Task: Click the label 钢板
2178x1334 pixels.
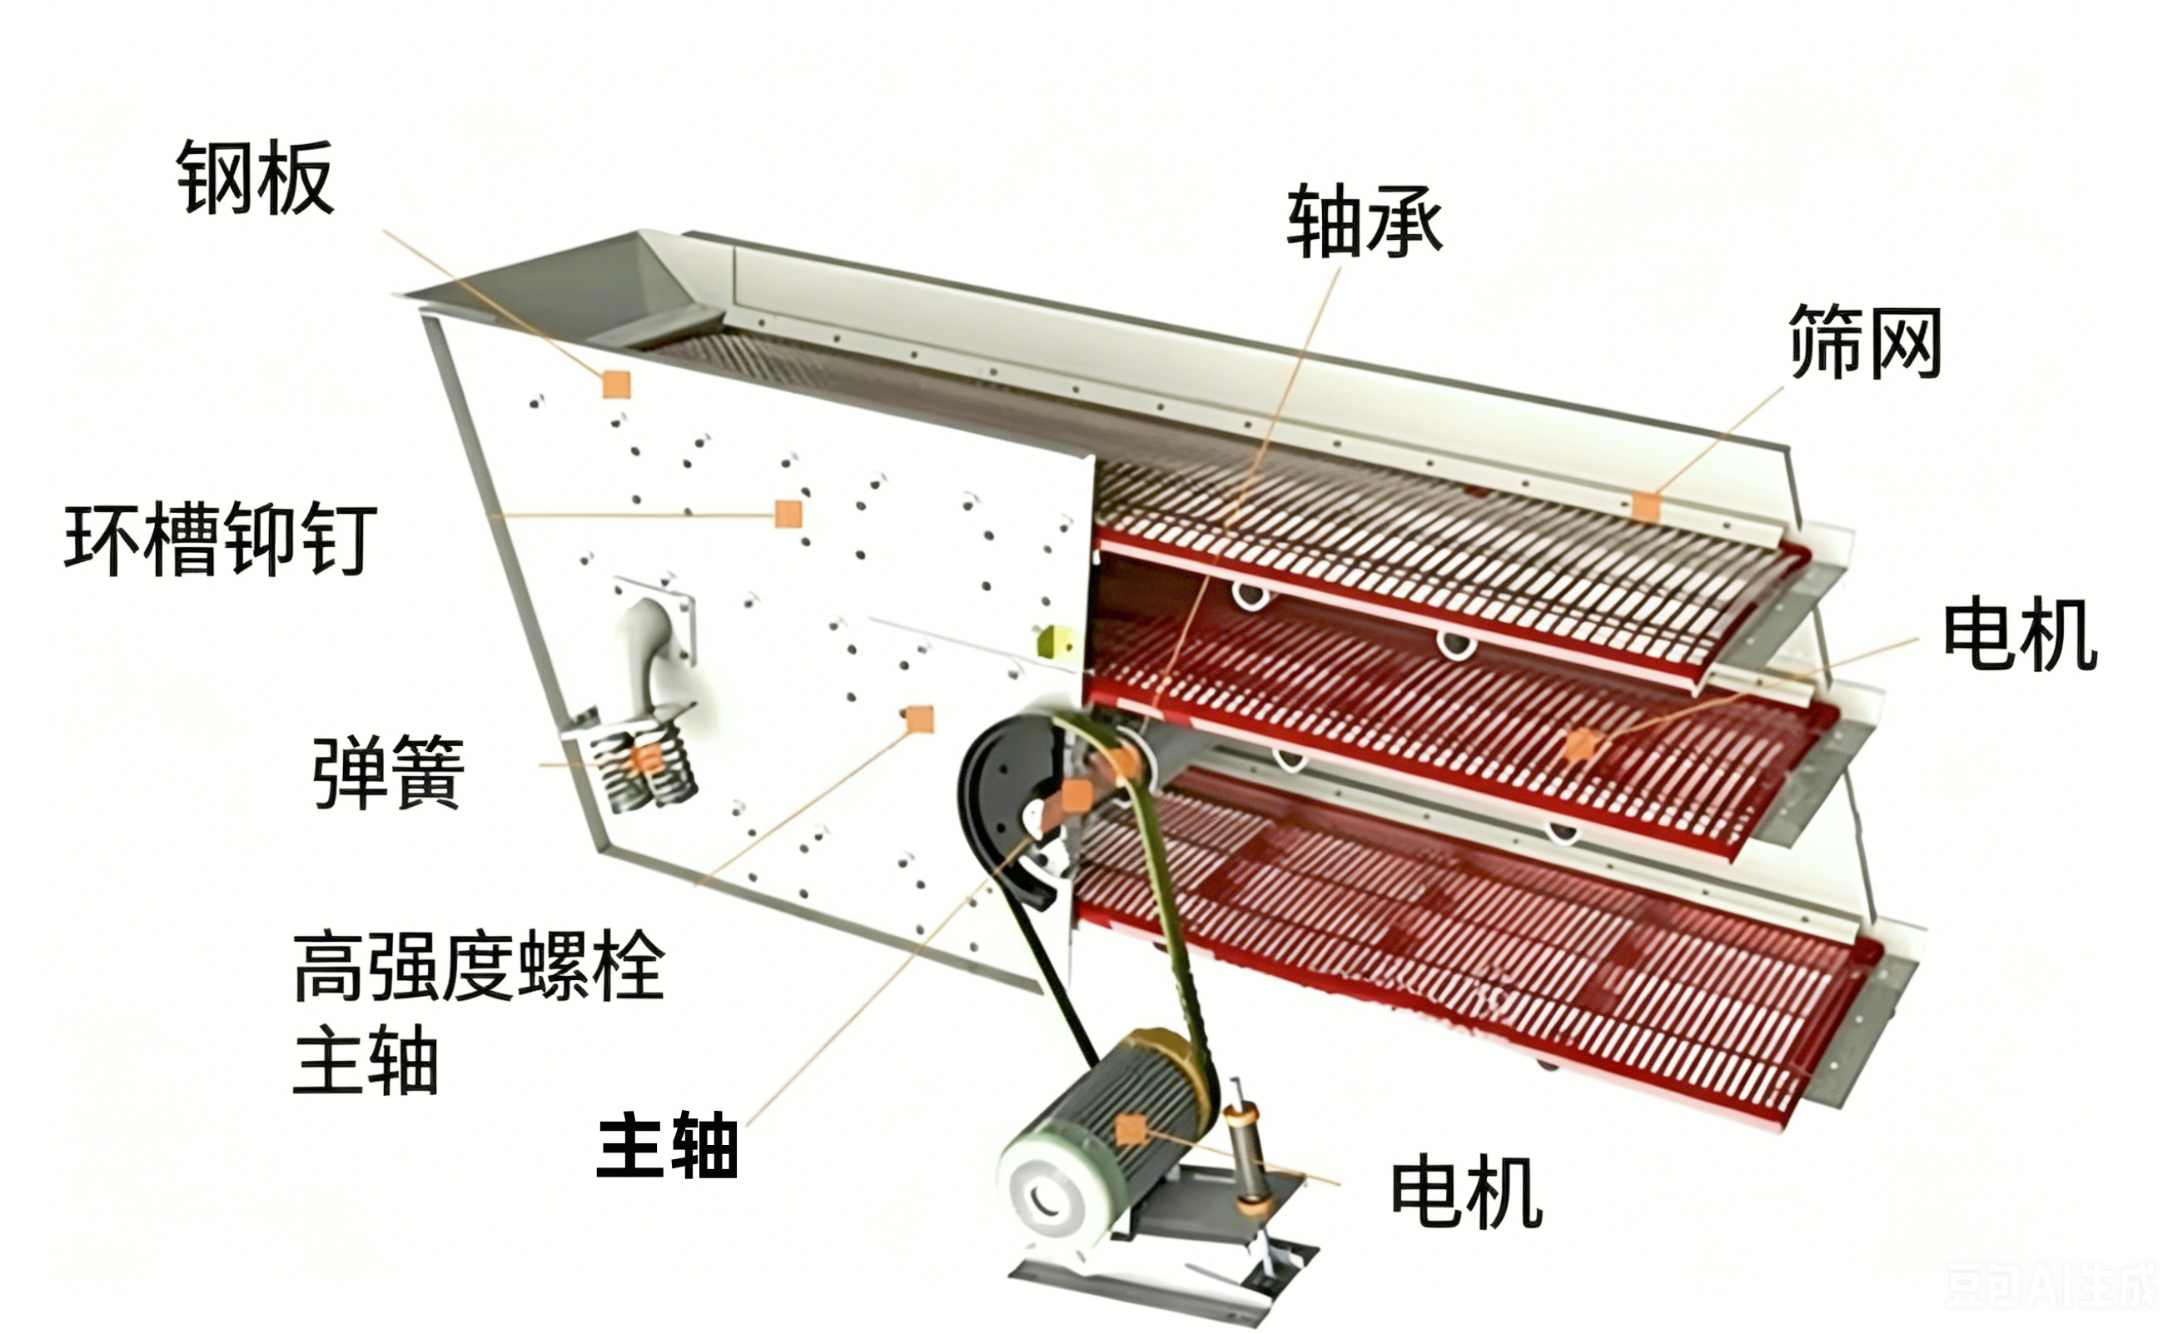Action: coord(256,177)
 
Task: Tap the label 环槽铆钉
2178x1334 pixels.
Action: coord(221,539)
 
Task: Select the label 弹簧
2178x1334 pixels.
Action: coord(388,772)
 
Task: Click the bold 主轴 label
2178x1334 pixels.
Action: coord(669,1145)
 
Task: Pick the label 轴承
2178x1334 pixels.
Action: coord(1365,221)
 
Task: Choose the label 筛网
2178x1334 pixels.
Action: coord(1865,341)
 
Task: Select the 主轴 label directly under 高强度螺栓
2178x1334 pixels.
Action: coord(366,1060)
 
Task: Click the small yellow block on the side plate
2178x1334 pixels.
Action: coord(1055,640)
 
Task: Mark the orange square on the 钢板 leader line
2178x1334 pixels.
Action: coord(616,385)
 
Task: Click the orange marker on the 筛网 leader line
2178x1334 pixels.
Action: coord(1646,506)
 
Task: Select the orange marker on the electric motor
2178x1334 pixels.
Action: coord(1131,1129)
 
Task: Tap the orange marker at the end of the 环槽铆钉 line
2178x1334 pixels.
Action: coord(788,514)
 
